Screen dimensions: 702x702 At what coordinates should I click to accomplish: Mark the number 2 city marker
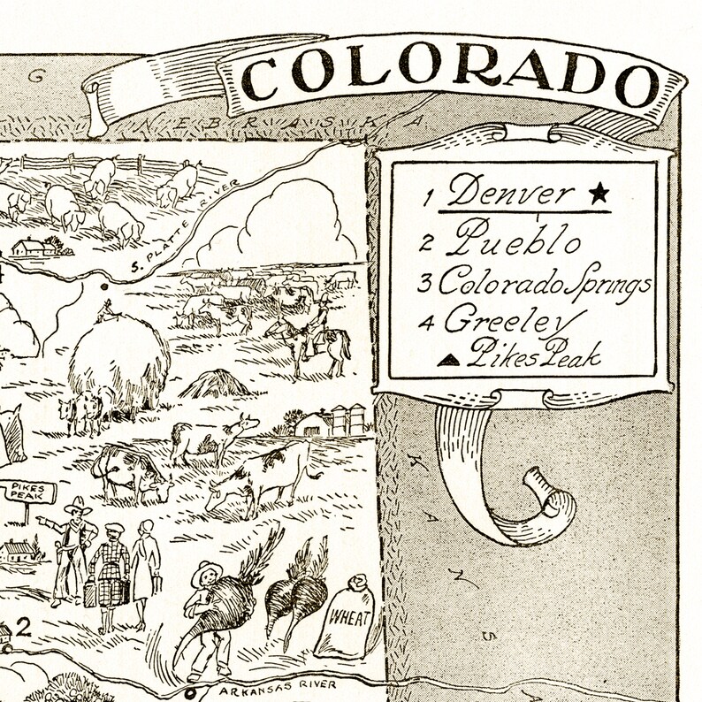(x=24, y=628)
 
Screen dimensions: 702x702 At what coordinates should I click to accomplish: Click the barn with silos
(x=336, y=420)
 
